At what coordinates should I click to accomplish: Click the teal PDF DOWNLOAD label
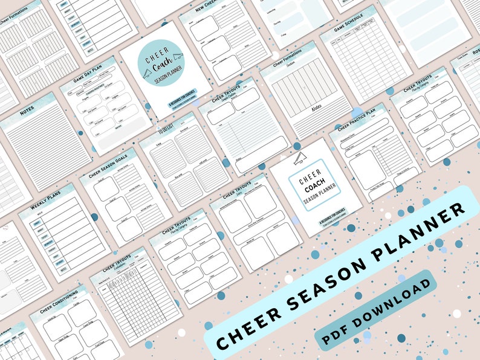coord(374,310)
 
